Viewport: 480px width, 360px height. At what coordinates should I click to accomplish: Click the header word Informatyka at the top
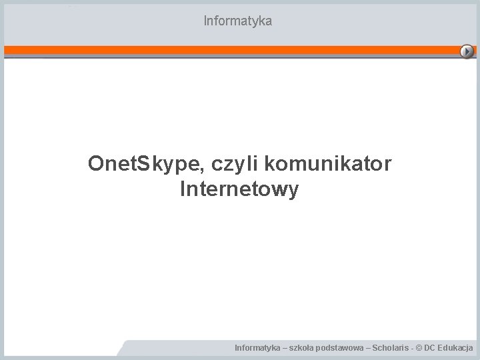[238, 21]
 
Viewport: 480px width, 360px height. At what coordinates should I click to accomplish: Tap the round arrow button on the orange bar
[468, 51]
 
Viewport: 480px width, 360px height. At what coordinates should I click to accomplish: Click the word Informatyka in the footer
[257, 348]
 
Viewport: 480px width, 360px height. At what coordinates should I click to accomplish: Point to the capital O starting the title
[96, 163]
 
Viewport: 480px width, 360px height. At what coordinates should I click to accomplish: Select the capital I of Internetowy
[183, 190]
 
